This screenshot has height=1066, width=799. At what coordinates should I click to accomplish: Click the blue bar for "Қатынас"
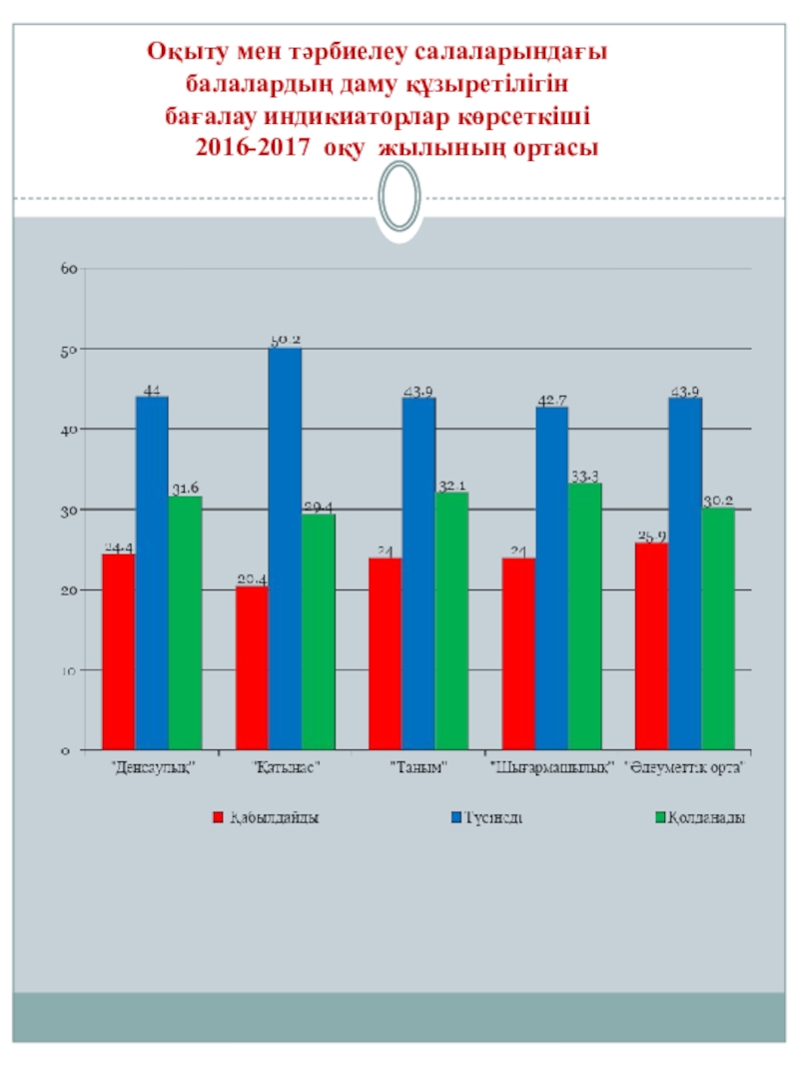(285, 548)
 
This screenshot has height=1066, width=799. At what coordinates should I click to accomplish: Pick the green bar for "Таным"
(451, 620)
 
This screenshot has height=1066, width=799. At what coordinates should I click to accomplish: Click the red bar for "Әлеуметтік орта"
(651, 645)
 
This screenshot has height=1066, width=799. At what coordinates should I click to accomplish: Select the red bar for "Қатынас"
(252, 667)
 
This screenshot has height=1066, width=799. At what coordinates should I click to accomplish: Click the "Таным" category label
(418, 768)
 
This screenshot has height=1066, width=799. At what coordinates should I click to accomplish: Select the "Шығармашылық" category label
(550, 768)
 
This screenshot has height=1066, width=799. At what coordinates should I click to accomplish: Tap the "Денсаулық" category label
(152, 768)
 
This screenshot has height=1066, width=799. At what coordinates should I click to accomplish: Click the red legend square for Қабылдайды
(217, 817)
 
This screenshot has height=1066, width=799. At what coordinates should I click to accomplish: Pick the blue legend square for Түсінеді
(456, 817)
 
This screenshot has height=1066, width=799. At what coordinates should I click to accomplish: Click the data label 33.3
(585, 476)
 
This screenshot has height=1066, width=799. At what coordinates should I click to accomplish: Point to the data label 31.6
(185, 489)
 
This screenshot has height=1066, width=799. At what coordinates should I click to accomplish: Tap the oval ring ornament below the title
(399, 197)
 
